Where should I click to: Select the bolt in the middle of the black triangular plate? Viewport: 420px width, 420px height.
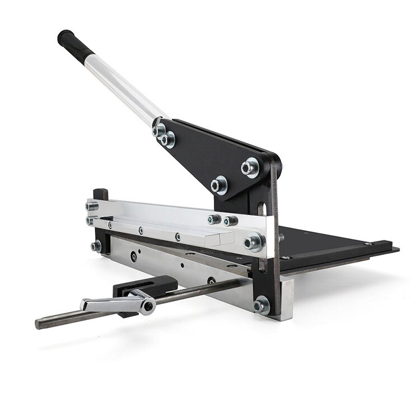pyautogui.click(x=219, y=184)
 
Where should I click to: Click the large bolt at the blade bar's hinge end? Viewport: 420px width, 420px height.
pyautogui.click(x=254, y=241)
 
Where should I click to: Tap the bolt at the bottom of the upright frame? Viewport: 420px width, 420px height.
pyautogui.click(x=260, y=305)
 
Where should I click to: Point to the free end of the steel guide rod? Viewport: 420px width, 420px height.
pyautogui.click(x=39, y=324)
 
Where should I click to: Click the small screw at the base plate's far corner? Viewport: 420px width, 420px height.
pyautogui.click(x=368, y=244)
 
